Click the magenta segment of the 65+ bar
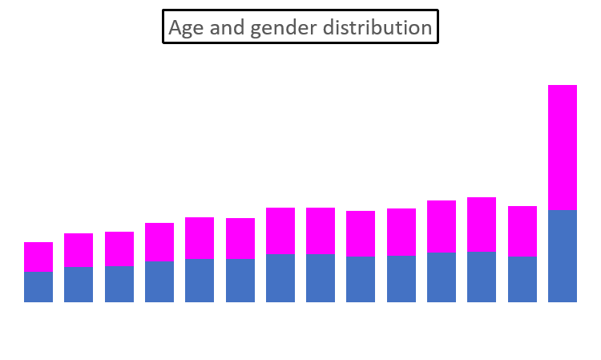coord(562,148)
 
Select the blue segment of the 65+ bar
coord(562,256)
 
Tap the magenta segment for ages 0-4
coord(38,257)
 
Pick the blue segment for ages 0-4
coord(38,287)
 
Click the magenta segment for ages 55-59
coord(482,224)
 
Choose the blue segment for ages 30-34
coord(280,278)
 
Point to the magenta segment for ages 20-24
coord(200,238)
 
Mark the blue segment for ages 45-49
coord(401,279)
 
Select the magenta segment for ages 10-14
coord(119,249)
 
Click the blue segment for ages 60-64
coord(522,279)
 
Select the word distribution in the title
coord(377,27)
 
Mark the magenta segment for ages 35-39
coord(321,231)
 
